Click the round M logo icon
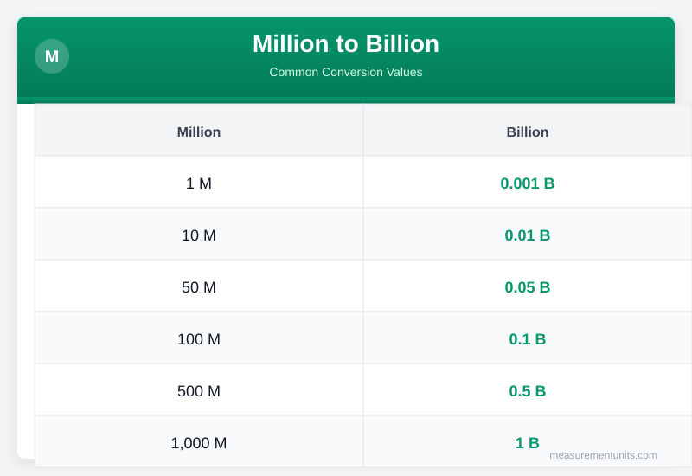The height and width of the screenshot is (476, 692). pyautogui.click(x=52, y=56)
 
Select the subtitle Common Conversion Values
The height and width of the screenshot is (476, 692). pyautogui.click(x=346, y=72)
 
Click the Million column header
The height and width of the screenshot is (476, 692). pyautogui.click(x=199, y=132)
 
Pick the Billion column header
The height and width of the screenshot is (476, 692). pyautogui.click(x=528, y=132)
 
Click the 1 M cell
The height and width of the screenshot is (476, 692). pyautogui.click(x=199, y=183)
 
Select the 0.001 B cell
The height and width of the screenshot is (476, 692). pyautogui.click(x=528, y=183)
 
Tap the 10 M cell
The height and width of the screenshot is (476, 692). pyautogui.click(x=199, y=235)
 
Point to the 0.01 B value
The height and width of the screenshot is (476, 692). pyautogui.click(x=528, y=235)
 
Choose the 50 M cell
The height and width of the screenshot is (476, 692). pyautogui.click(x=199, y=287)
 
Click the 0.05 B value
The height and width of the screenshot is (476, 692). pyautogui.click(x=528, y=287)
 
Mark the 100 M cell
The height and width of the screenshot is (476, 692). pyautogui.click(x=199, y=339)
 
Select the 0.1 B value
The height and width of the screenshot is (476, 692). pyautogui.click(x=528, y=339)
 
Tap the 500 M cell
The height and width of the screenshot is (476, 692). pyautogui.click(x=199, y=391)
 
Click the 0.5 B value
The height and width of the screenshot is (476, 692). pyautogui.click(x=528, y=391)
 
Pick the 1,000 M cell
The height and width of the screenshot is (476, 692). pyautogui.click(x=199, y=443)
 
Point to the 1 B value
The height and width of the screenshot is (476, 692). pyautogui.click(x=528, y=443)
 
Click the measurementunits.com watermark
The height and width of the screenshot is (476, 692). pyautogui.click(x=603, y=455)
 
